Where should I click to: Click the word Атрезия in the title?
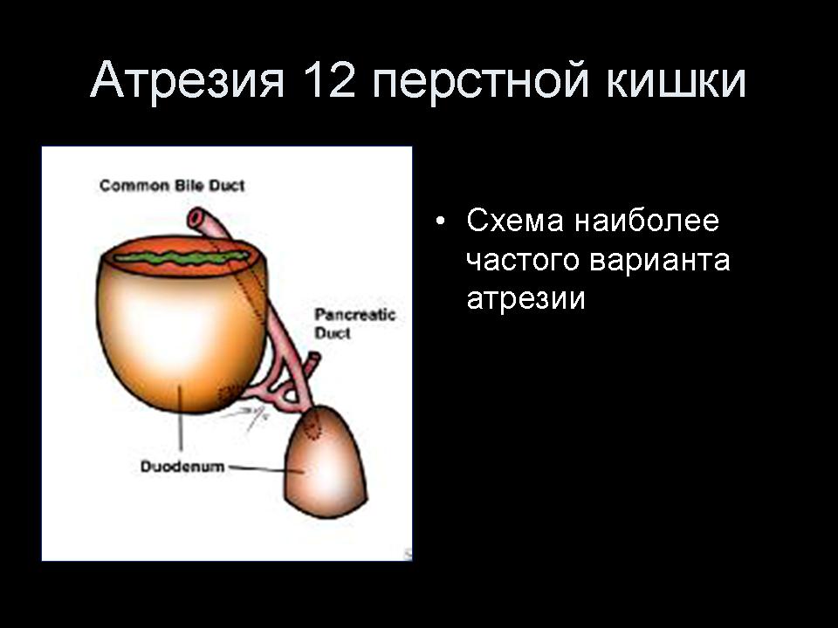click(187, 80)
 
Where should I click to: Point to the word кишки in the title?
click(677, 80)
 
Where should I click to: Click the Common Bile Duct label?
click(172, 186)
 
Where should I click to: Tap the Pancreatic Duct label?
click(354, 324)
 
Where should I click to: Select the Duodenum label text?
click(182, 467)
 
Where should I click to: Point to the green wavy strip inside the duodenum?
click(182, 258)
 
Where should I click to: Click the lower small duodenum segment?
click(325, 463)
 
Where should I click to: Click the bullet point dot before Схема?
click(440, 221)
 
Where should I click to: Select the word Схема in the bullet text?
click(515, 221)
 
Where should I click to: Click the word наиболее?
click(647, 221)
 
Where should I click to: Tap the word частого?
click(523, 261)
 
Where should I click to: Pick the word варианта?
click(660, 262)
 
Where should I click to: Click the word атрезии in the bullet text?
click(525, 299)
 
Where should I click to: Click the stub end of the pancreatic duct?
click(315, 357)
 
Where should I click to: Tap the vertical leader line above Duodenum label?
click(180, 418)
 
